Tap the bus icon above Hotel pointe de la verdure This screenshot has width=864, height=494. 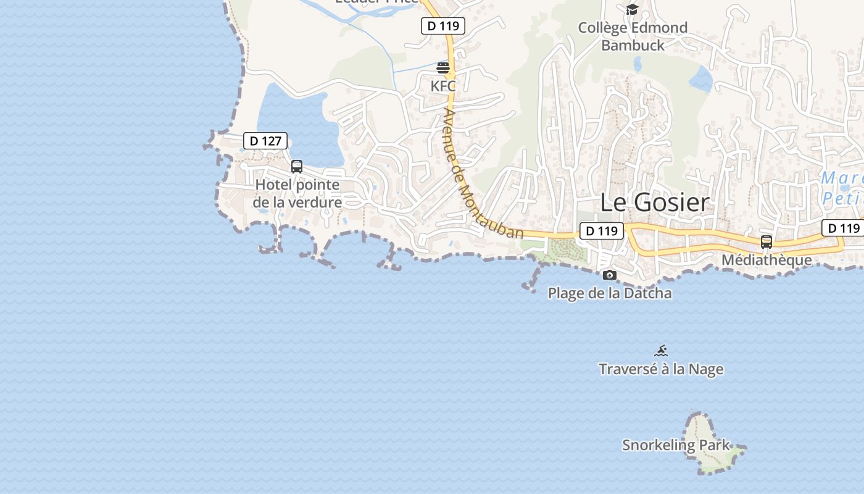point(297,166)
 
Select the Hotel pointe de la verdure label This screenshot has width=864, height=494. point(297,193)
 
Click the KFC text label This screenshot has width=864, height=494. point(443,86)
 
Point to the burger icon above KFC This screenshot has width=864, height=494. point(443,67)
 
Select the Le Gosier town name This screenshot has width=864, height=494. point(655,202)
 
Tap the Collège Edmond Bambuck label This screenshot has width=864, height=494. point(633,36)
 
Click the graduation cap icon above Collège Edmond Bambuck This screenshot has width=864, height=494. point(632,9)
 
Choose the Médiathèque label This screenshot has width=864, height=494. point(766,260)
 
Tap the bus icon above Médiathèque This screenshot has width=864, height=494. point(766,242)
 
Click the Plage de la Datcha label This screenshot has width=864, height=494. point(610,293)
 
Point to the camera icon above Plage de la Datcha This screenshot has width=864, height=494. point(610,275)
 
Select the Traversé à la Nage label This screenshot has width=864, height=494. point(661,369)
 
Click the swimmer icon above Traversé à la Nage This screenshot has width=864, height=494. point(661,351)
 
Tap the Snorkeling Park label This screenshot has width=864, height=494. point(676,445)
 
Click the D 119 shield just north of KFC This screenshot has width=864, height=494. point(442,26)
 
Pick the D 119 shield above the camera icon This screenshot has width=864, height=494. point(601,231)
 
